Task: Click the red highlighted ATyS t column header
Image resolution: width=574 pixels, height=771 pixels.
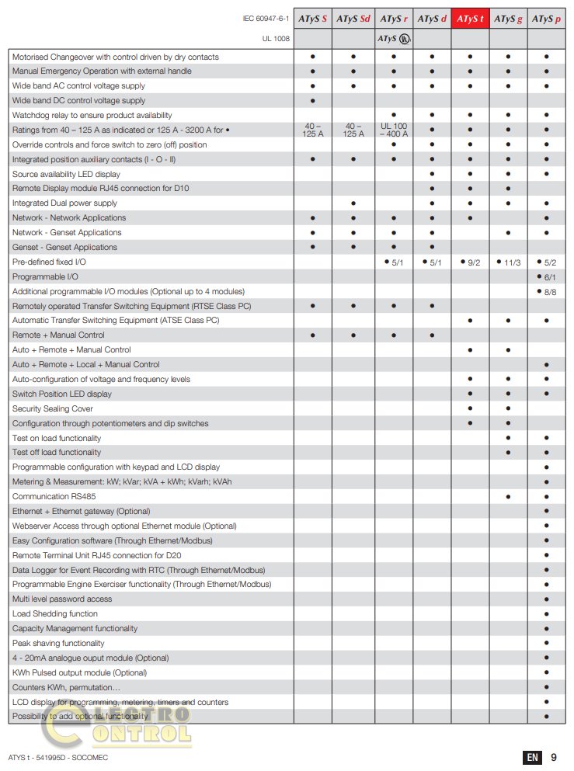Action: tap(470, 19)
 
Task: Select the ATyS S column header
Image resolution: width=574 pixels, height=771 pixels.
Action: tap(313, 19)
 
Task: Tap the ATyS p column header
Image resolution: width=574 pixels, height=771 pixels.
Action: tap(547, 19)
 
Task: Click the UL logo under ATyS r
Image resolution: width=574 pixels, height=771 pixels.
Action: tap(403, 38)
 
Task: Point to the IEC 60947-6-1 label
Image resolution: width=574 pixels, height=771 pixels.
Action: tap(266, 19)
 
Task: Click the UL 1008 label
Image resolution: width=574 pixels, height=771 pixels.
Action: tap(276, 38)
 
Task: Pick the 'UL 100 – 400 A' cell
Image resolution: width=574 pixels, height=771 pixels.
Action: tap(394, 130)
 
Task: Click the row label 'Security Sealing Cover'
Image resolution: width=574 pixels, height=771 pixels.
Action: tap(53, 408)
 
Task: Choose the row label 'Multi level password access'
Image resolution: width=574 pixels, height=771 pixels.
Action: tap(62, 599)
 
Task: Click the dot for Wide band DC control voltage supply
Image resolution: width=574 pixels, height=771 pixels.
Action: tap(312, 101)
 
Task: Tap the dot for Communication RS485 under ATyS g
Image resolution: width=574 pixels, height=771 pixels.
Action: tap(509, 496)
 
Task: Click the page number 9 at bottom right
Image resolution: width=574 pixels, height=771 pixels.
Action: tap(554, 757)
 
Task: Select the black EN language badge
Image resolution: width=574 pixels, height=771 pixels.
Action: tap(532, 757)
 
